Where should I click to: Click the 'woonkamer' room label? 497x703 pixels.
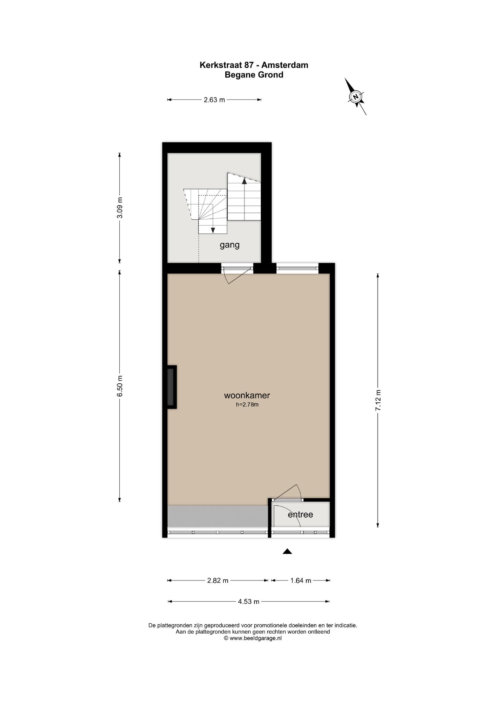247,395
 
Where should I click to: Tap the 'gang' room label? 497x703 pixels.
229,245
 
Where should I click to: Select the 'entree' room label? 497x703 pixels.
300,515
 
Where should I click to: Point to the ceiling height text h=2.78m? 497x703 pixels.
247,405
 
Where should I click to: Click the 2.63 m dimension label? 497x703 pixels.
214,100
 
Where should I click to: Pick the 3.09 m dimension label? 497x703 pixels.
120,208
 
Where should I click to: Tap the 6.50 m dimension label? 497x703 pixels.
120,386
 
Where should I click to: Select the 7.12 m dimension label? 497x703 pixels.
378,400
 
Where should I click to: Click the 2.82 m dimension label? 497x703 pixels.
217,581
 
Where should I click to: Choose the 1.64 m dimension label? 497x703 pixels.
301,581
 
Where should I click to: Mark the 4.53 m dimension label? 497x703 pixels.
249,602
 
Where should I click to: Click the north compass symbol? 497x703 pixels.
356,96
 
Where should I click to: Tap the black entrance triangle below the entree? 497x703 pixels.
287,552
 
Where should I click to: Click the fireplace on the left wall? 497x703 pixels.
171,387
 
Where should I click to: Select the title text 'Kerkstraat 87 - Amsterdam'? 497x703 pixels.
254,65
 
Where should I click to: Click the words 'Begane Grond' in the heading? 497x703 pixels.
254,75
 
